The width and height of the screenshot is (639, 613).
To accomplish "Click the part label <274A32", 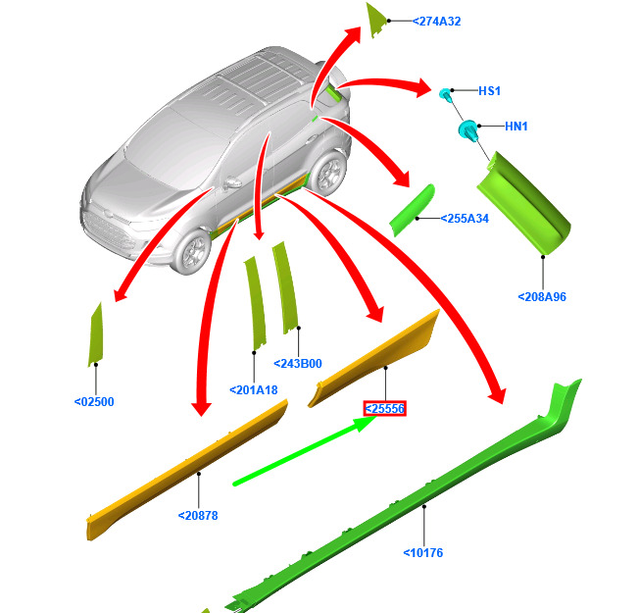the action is point(436,22).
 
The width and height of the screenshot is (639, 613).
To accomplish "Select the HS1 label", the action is point(489,91).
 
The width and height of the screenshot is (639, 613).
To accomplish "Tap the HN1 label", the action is point(516,127).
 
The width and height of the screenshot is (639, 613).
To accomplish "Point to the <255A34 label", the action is point(465,219).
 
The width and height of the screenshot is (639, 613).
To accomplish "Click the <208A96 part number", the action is point(542,297).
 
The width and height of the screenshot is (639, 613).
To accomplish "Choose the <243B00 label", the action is point(298,364).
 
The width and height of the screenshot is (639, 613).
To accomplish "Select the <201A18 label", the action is point(254,390).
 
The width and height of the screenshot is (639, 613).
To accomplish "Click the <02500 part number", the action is point(94,402).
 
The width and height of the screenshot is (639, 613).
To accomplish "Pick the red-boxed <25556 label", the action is point(385,409).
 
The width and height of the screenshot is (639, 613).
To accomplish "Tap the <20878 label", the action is point(198,516).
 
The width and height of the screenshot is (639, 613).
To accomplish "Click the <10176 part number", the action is point(423,553).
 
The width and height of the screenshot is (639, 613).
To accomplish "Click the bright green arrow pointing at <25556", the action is point(306,450).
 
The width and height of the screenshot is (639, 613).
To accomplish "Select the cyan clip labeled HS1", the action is point(445,94).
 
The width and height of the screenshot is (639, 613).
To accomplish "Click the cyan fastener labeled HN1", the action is point(468,130).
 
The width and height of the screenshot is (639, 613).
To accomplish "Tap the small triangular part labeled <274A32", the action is point(375,20).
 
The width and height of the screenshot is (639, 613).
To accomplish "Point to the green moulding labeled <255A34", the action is point(412,210).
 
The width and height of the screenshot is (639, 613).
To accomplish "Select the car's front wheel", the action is point(192,251).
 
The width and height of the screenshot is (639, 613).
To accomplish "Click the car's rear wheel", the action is point(328,174).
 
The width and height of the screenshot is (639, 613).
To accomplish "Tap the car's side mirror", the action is point(232,182).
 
